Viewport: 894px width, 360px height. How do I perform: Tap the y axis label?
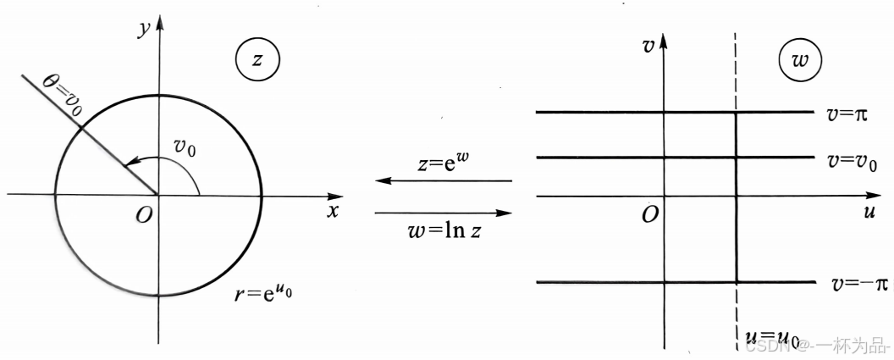point(145,27)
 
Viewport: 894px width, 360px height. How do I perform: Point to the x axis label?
point(333,211)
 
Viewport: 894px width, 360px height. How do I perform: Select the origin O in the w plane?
point(649,215)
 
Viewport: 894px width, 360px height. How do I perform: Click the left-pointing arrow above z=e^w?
point(444,181)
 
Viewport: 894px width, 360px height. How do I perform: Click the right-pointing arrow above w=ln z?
point(444,213)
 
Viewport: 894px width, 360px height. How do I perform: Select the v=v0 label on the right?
point(852,159)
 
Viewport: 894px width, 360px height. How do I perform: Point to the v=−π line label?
point(857,284)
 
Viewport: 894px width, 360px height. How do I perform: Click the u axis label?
point(869,213)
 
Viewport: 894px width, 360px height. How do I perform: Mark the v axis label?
point(648,46)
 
